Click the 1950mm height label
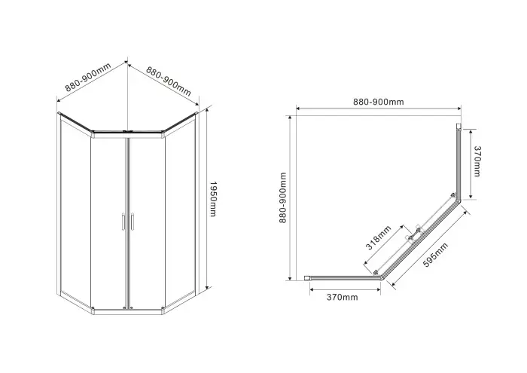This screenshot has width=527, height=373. [213, 200]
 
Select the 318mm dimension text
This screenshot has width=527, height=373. [379, 238]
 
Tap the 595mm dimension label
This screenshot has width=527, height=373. [435, 255]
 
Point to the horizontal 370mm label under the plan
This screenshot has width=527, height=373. [342, 298]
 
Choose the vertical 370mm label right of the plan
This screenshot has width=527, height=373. [477, 161]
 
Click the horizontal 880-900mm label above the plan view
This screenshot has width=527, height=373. [379, 102]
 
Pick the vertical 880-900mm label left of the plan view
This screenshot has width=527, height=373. [282, 197]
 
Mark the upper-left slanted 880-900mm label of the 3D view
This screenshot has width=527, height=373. [88, 78]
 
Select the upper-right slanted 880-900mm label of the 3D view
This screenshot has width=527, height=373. [169, 81]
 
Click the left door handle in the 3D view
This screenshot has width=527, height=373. [123, 222]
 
